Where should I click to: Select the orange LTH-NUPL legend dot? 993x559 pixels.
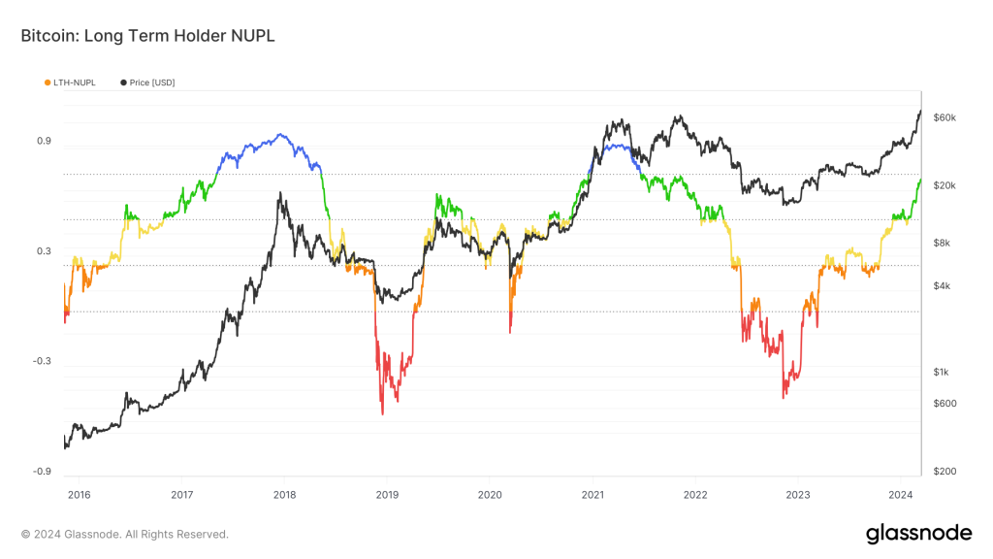pos(48,82)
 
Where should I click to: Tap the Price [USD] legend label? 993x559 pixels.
pos(152,82)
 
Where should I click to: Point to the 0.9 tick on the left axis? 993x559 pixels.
pos(44,142)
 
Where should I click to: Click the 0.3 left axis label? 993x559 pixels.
pos(44,251)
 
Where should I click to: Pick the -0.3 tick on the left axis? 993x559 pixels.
pos(42,361)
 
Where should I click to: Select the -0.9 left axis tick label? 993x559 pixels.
pos(42,472)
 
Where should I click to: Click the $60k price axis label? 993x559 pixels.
pos(945,117)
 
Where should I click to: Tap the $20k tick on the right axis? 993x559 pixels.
pos(945,185)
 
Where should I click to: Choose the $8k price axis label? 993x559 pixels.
pos(943,244)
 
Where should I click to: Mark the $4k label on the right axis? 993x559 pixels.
pos(943,286)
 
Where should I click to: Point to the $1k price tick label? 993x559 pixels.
pos(943,373)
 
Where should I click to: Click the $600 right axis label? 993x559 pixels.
pos(945,404)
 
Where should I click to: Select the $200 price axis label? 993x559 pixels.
pos(945,472)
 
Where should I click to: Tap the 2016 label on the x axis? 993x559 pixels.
pos(79,494)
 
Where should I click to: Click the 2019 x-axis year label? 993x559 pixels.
pos(386,494)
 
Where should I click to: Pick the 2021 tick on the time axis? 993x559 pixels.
pos(592,494)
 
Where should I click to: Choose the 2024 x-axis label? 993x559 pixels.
pos(900,494)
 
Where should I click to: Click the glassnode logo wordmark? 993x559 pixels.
pos(918,532)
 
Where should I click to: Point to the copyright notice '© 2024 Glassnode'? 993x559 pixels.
pos(125,534)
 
